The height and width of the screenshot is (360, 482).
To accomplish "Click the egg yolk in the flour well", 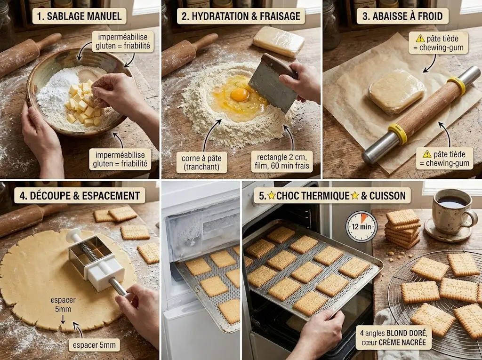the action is click(240, 95).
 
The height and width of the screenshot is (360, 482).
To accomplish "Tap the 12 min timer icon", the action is click(361, 226).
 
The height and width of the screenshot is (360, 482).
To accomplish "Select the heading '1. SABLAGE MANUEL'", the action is click(79, 16).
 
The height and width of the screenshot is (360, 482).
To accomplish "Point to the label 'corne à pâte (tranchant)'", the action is click(201, 163).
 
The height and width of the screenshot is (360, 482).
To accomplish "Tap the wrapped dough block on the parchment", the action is click(396, 91).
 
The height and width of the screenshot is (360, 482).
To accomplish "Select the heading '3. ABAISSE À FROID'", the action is click(402, 16).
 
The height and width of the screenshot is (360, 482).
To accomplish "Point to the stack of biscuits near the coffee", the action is click(402, 229).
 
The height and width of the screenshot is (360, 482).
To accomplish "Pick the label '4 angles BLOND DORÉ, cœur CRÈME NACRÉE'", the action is click(394, 337).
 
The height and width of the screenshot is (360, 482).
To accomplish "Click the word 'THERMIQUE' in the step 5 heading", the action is click(313, 195).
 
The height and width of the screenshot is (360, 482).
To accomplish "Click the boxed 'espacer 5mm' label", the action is click(94, 345).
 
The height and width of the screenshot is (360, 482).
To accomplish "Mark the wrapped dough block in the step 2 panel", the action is click(279, 41).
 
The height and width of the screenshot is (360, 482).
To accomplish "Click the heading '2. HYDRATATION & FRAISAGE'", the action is click(241, 16).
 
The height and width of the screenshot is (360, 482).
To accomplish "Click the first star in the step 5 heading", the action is click(272, 195).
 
